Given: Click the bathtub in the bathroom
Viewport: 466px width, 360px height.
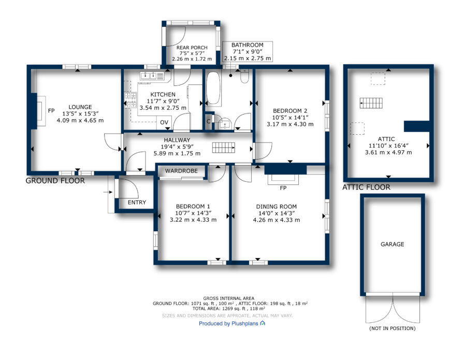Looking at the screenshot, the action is [x=214, y=88].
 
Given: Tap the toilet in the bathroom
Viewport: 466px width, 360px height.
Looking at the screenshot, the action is [x=244, y=76].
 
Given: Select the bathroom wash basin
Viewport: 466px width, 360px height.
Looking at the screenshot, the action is [x=225, y=123].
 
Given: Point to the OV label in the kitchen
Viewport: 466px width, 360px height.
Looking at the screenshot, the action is [x=164, y=122].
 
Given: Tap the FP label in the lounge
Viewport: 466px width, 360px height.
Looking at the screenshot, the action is [x=51, y=110].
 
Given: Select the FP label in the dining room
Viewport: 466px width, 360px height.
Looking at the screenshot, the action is [x=283, y=188].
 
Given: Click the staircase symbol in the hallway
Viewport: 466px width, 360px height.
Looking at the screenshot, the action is [x=224, y=148].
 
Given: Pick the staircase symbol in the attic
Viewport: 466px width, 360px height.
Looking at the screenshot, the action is [x=371, y=103].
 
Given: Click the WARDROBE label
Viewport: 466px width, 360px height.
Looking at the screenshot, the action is [x=181, y=171].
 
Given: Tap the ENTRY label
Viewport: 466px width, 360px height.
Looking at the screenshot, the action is [x=137, y=203].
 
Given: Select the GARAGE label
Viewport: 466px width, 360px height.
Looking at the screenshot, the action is [x=392, y=244].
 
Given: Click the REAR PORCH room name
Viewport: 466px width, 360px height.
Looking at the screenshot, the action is [x=192, y=48].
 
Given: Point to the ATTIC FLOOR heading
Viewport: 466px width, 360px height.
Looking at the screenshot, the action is [x=366, y=187].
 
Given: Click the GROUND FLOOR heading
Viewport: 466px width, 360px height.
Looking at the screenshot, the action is [x=55, y=180].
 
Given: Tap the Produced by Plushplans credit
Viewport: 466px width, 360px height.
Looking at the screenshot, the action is [x=232, y=323].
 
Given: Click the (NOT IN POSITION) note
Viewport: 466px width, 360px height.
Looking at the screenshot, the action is [x=392, y=328].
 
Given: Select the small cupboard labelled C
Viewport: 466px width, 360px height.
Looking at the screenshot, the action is [x=209, y=121].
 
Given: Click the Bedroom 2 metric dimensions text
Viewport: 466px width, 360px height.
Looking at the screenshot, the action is [x=290, y=124].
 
